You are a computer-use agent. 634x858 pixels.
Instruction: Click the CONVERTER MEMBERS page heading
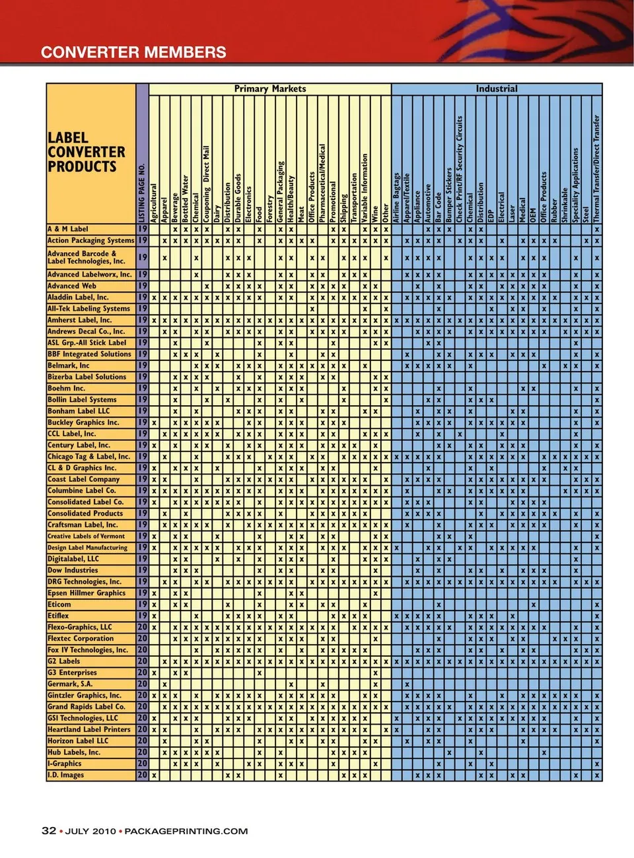click(133, 52)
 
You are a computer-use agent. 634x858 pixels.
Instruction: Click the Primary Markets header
click(270, 88)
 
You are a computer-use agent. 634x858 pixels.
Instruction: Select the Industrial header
click(497, 88)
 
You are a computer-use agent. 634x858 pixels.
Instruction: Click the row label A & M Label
click(68, 229)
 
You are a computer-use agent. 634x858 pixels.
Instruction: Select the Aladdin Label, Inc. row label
click(78, 297)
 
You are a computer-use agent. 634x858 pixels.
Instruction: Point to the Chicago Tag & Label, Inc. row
click(88, 456)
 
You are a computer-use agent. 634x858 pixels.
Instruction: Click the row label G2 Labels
click(64, 661)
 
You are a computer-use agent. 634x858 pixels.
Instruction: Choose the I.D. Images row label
click(66, 775)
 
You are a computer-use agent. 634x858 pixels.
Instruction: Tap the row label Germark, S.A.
click(70, 684)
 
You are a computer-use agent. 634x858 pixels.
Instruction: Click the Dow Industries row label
click(73, 570)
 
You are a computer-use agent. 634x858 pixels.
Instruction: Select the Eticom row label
click(59, 604)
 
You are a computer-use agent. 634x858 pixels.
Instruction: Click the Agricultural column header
click(154, 203)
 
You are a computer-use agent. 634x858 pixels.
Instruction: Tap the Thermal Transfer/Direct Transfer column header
click(597, 169)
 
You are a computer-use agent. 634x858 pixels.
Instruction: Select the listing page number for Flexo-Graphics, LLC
click(142, 627)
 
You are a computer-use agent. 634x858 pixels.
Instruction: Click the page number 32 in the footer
click(49, 831)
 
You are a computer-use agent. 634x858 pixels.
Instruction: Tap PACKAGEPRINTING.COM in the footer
click(186, 831)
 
